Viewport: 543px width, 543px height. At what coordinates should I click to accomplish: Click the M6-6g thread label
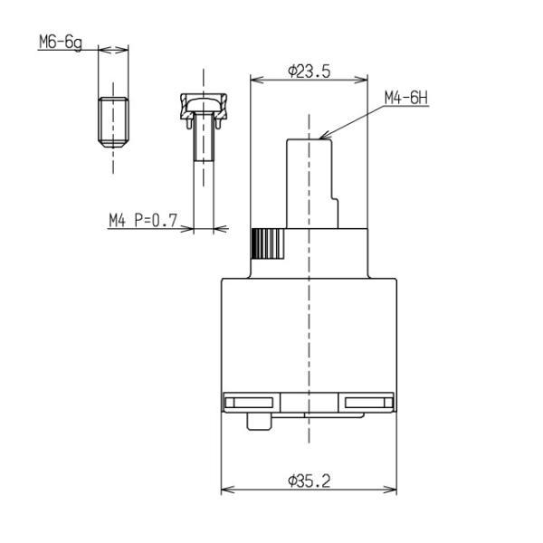61,43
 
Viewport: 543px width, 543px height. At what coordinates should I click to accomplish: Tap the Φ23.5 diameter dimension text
310,71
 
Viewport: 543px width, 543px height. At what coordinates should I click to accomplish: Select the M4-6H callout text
406,98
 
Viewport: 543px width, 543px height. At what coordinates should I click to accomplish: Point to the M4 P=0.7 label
143,220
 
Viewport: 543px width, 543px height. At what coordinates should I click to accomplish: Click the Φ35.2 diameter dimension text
310,481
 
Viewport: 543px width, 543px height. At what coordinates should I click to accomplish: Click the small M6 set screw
113,122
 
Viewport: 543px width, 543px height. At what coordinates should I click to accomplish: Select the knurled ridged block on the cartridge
268,243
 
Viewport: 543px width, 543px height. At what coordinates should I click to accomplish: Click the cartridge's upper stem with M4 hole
312,184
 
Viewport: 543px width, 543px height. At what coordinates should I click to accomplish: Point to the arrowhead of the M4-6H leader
324,136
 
